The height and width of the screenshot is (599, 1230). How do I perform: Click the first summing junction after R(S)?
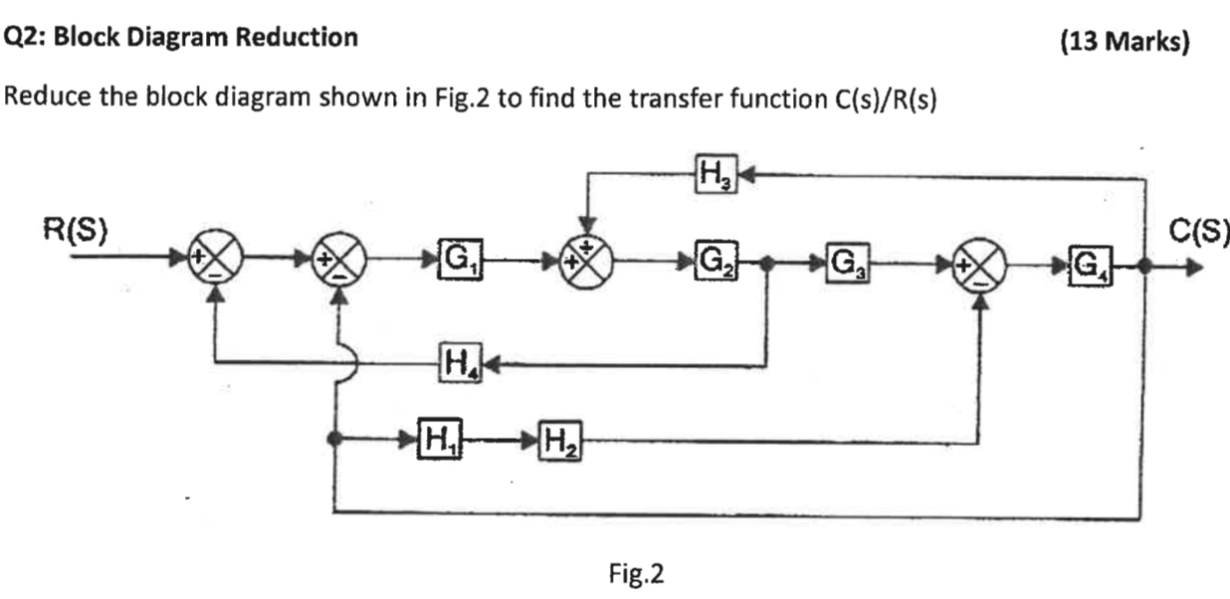click(x=217, y=264)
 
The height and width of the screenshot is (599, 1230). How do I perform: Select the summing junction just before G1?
click(x=340, y=264)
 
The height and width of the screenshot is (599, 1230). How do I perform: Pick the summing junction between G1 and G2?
click(x=590, y=264)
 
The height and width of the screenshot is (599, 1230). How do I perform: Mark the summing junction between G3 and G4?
click(x=980, y=264)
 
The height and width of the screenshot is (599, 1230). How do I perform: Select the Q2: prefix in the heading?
click(x=24, y=38)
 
